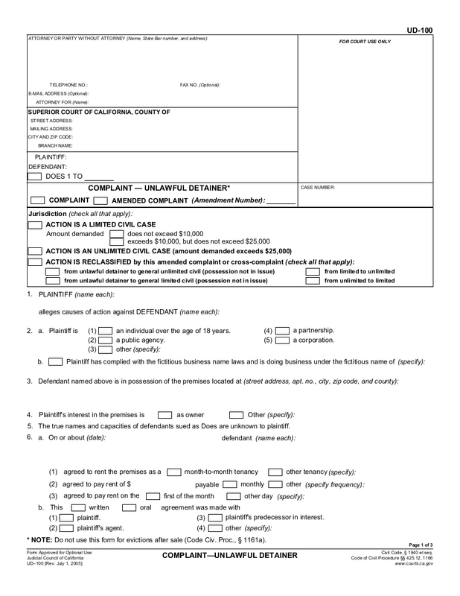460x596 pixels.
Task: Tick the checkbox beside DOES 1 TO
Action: (x=34, y=177)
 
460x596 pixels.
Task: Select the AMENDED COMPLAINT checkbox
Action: (x=103, y=200)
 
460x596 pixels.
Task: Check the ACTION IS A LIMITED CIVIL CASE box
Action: (x=34, y=224)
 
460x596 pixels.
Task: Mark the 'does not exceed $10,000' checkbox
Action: (x=117, y=234)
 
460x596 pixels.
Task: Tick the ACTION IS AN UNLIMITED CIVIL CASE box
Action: (x=34, y=251)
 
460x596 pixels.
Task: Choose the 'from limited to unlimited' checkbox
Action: (x=313, y=271)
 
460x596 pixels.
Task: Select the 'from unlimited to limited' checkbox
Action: (x=313, y=281)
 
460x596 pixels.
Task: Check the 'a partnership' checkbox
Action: (x=281, y=330)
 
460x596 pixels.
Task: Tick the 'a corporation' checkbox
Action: (x=281, y=340)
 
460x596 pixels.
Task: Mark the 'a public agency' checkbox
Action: (x=106, y=340)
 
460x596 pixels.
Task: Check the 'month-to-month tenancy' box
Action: (x=174, y=472)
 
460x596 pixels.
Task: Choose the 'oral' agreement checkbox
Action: (x=129, y=507)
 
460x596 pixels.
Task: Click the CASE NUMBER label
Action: (x=317, y=188)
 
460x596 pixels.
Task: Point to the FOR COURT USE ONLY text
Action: (x=365, y=42)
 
